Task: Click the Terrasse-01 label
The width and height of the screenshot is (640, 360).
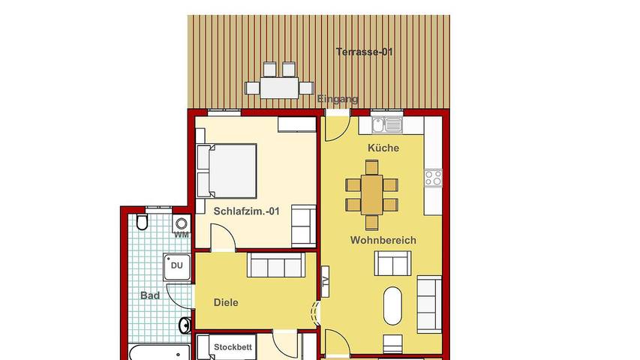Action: click(x=365, y=52)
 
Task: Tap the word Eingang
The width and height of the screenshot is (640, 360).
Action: click(x=338, y=99)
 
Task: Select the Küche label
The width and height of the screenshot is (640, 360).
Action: click(x=383, y=148)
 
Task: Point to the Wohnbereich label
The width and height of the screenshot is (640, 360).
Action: click(x=383, y=240)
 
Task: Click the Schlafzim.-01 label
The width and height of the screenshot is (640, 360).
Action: click(x=246, y=211)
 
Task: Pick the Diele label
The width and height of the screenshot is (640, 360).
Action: click(x=226, y=303)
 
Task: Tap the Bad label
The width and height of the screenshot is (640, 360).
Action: click(x=150, y=295)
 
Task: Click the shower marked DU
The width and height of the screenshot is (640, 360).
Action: click(x=176, y=265)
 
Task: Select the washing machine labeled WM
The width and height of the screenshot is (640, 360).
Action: click(x=181, y=224)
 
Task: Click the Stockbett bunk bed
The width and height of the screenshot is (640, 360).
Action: click(x=233, y=348)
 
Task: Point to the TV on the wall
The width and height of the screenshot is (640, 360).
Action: click(x=325, y=281)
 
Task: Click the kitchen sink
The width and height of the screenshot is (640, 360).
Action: click(x=386, y=124)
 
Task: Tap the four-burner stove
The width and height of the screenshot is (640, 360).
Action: click(x=434, y=178)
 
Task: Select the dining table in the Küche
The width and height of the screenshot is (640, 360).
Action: click(x=372, y=194)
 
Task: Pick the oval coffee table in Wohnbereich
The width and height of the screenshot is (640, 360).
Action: click(x=393, y=305)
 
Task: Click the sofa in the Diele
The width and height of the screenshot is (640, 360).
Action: click(x=276, y=265)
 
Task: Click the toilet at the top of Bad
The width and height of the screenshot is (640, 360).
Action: click(x=143, y=223)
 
